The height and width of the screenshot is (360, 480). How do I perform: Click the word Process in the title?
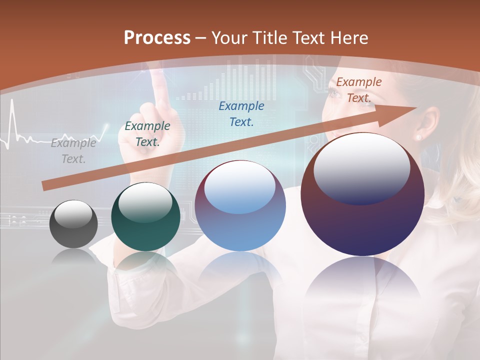157,38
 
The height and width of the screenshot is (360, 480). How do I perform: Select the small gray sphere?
73,223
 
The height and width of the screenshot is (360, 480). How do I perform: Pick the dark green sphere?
145,216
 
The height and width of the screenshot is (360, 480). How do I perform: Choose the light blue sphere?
240,205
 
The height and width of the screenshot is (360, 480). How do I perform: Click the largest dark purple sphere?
362,194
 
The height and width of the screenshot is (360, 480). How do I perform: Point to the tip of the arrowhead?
416,107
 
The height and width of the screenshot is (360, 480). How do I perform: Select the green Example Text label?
147,134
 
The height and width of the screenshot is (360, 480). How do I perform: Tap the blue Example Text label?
241,113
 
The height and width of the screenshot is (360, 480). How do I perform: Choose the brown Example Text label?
358,90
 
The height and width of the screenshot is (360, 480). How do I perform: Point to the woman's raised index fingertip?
158,76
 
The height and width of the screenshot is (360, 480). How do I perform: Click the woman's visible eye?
333,91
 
